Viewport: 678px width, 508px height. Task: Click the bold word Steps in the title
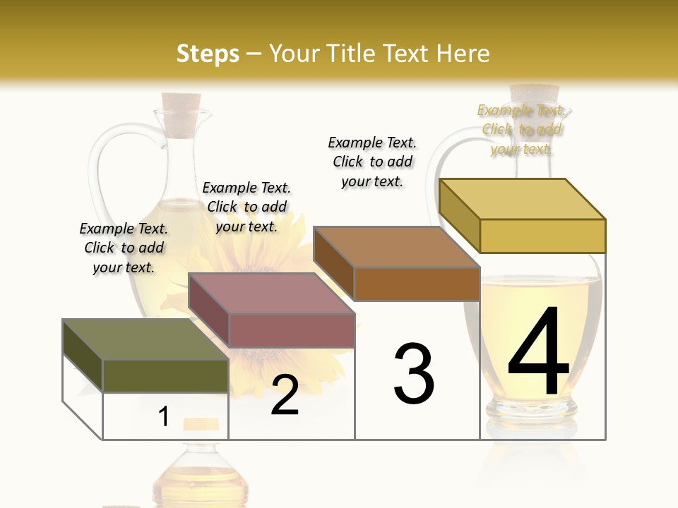pos(208,54)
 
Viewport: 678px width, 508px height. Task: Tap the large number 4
pos(539,353)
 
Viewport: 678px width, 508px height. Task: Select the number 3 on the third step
pos(414,373)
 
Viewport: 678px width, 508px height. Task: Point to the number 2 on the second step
pos(285,396)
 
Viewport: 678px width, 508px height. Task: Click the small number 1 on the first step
pos(164,417)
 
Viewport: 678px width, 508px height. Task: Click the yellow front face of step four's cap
pos(542,236)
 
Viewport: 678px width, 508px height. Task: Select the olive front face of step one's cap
pos(165,375)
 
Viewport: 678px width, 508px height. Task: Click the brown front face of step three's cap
pos(417,284)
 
